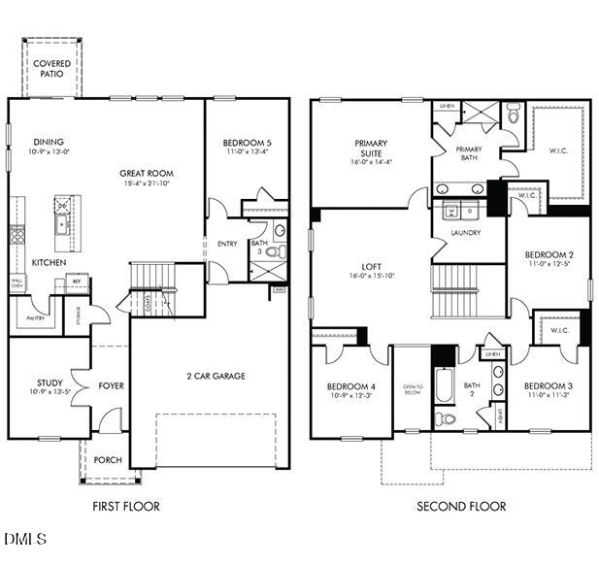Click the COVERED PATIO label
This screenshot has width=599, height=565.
51,69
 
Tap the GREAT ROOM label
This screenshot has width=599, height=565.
147,174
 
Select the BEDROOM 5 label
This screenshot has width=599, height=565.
248,144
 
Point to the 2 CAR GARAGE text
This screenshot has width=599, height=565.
216,376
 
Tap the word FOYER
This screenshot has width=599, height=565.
112,386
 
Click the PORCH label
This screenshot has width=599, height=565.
109,459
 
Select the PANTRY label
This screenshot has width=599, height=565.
35,317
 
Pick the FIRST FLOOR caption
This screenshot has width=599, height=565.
126,506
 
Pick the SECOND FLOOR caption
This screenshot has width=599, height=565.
461,506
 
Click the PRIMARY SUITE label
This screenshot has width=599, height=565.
370,149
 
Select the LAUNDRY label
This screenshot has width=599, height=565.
466,233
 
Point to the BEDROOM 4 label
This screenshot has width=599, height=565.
350,386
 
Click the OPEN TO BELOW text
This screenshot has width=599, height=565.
413,390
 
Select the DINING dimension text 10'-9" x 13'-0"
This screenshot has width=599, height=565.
48,151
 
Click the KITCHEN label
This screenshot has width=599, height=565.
48,263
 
